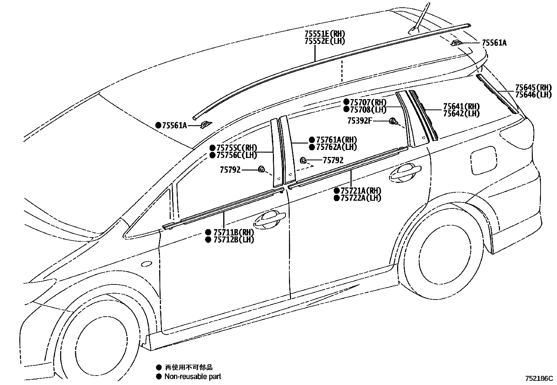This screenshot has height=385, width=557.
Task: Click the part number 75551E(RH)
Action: pos(325,34)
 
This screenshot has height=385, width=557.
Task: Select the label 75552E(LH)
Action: pos(325,41)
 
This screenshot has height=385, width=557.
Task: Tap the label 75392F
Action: pos(359,121)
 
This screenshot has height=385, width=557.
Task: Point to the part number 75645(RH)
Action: pos(533,88)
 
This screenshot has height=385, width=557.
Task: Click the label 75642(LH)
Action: pos(461,114)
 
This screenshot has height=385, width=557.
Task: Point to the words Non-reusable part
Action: pos(193,377)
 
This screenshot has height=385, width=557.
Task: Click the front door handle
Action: pos(269,219)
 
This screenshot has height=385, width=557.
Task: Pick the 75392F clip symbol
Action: pos(393,122)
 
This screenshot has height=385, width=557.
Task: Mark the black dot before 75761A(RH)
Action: pos(312,140)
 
